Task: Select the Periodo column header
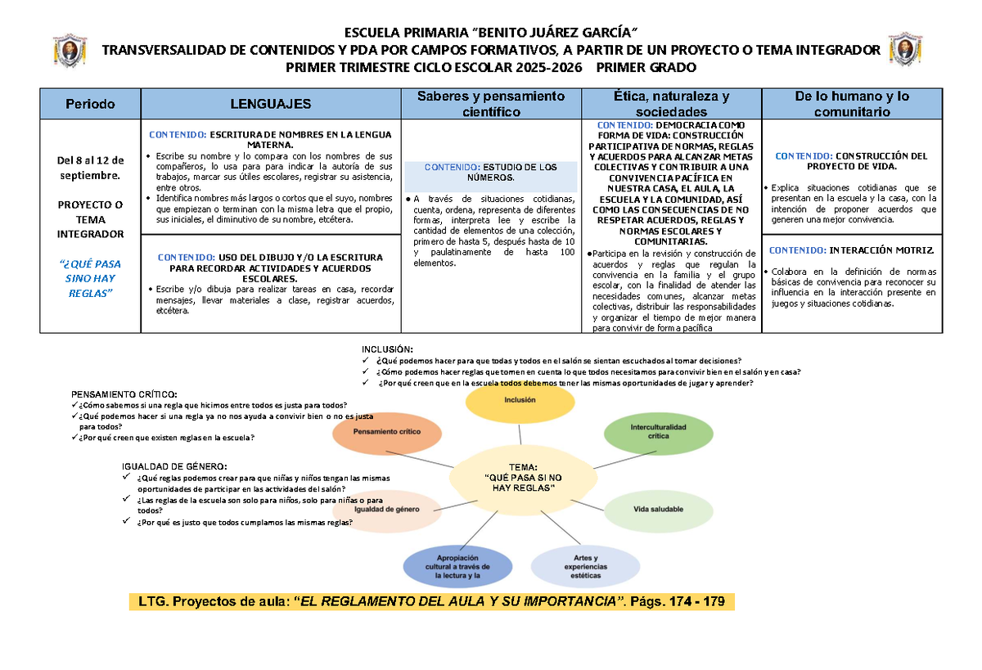(x=90, y=104)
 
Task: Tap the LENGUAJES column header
(x=270, y=104)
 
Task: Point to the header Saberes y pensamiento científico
(x=491, y=103)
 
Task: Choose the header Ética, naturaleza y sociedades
(x=671, y=103)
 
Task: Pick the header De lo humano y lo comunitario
(x=851, y=103)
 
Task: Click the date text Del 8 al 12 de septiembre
(x=90, y=167)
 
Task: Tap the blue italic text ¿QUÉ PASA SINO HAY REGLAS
(x=90, y=278)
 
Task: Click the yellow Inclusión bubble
(x=520, y=400)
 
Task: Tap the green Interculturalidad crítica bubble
(x=659, y=432)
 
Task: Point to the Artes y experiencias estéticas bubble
(x=586, y=566)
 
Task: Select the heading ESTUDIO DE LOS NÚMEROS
(x=491, y=173)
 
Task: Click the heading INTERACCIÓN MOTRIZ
(x=851, y=250)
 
